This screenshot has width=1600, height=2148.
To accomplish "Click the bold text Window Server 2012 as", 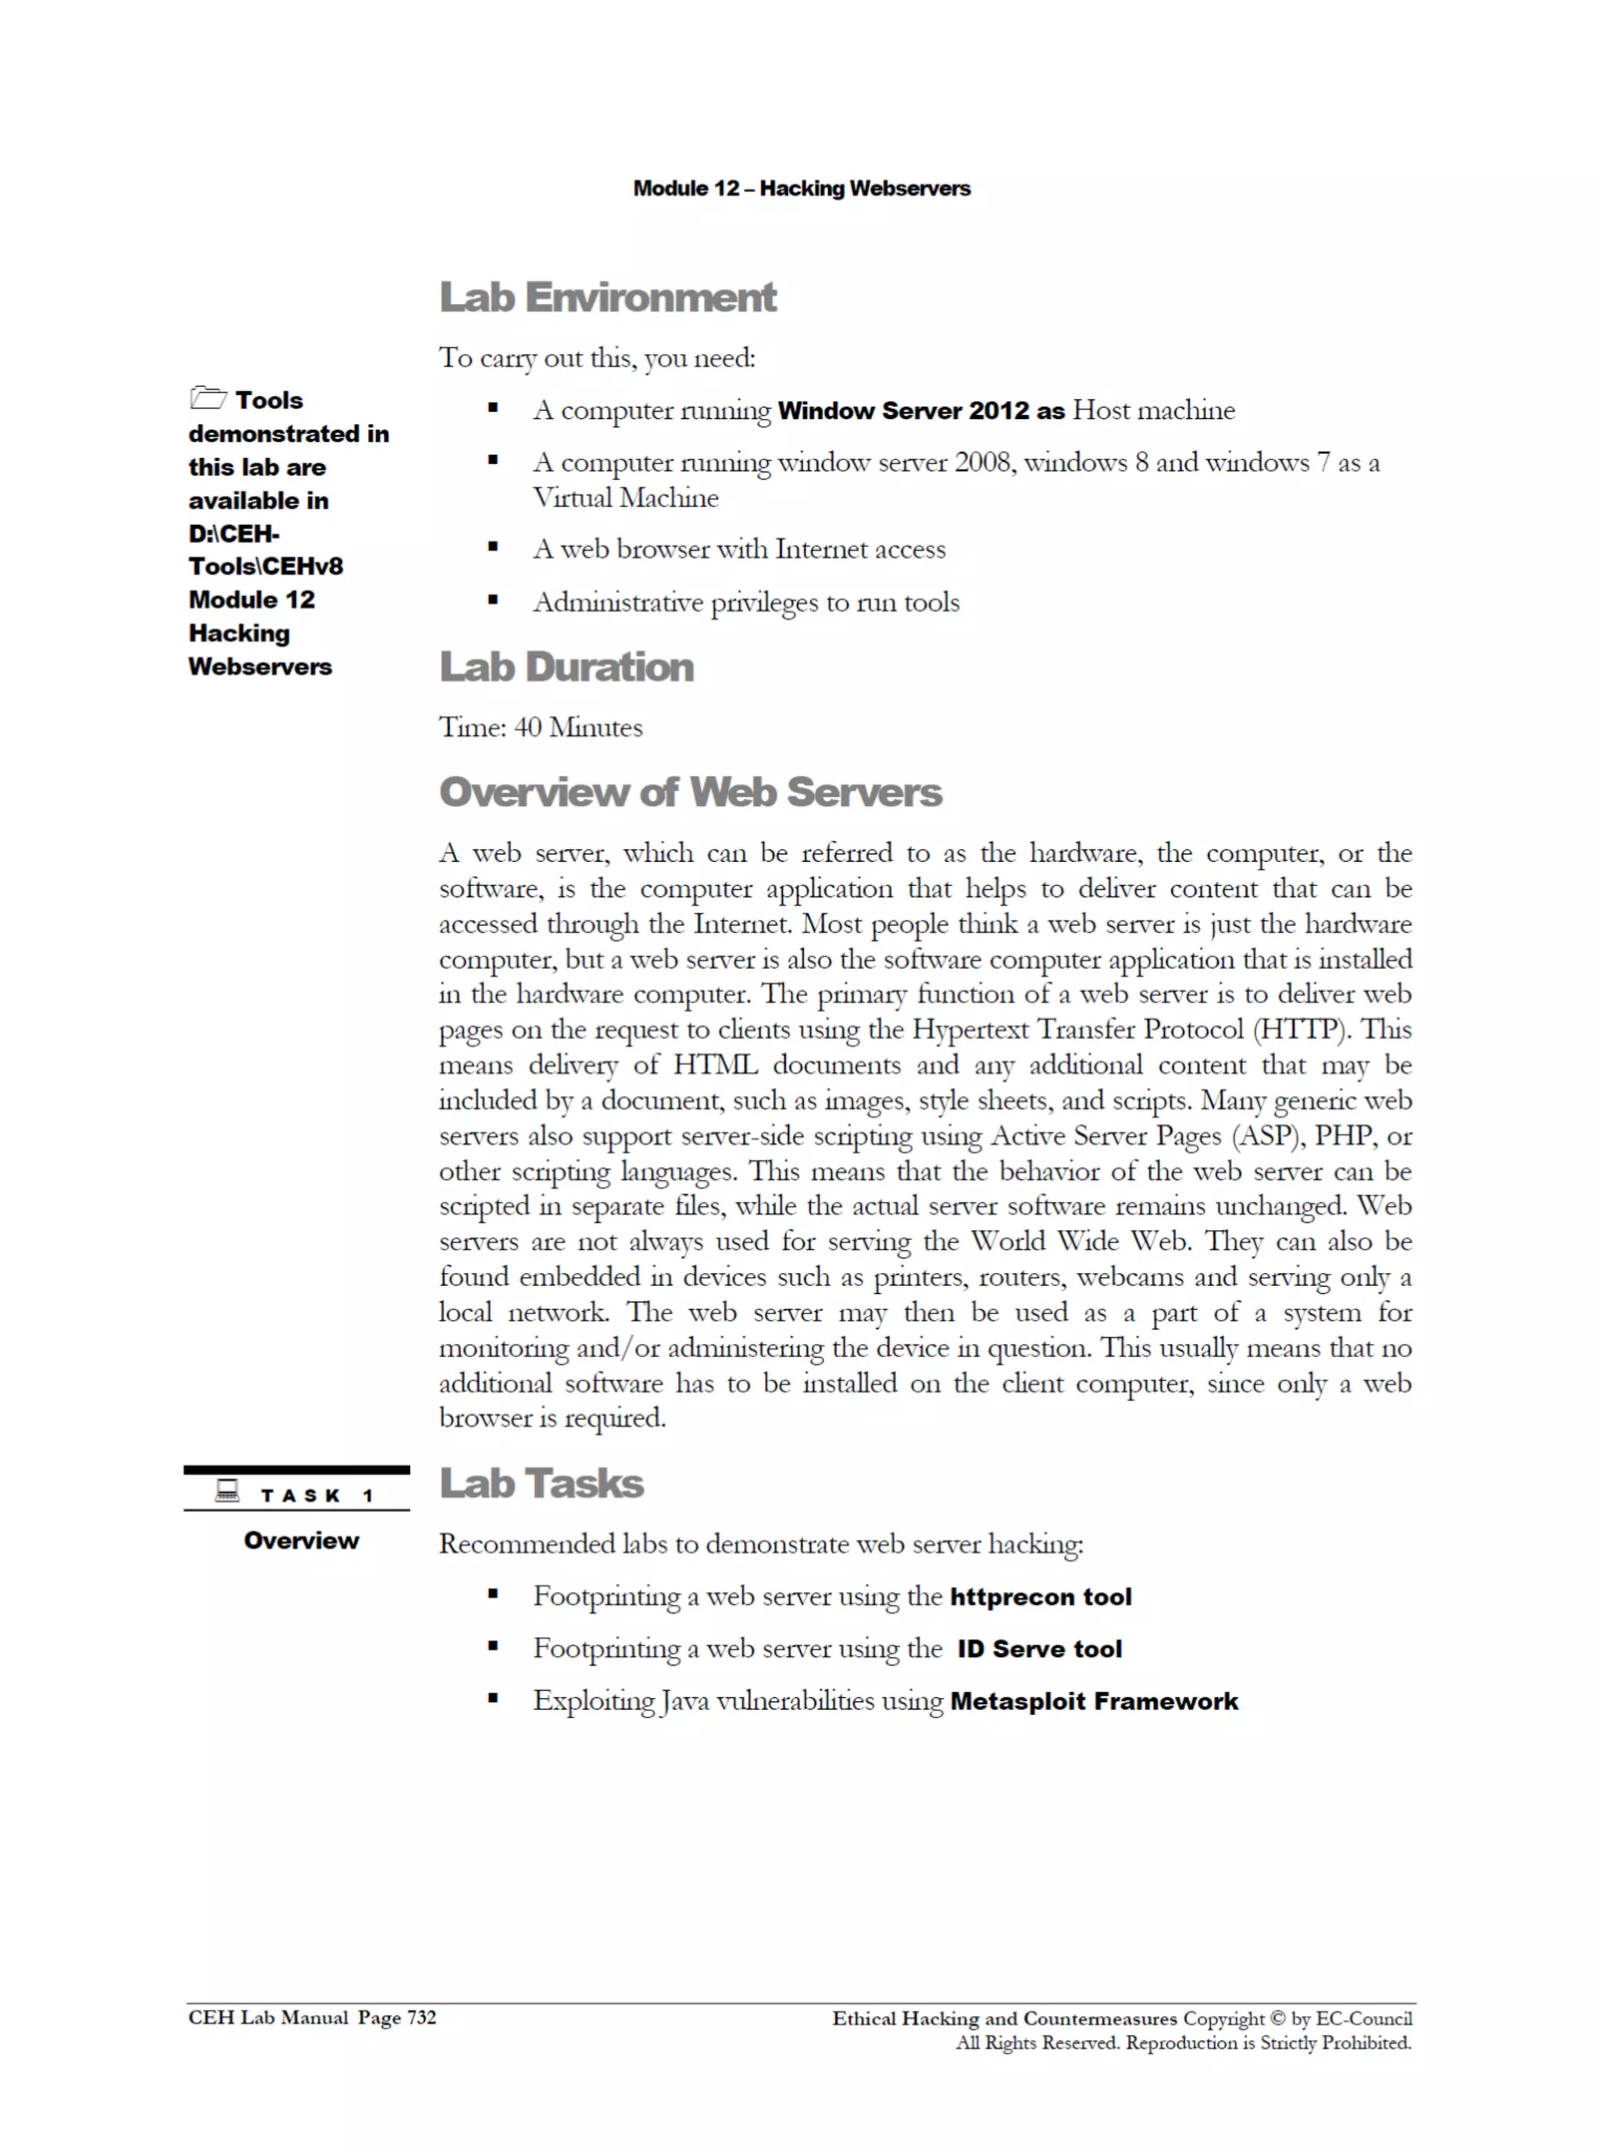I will [920, 411].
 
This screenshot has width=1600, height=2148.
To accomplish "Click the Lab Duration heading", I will [566, 667].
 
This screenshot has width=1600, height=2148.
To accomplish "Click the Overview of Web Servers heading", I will [690, 792].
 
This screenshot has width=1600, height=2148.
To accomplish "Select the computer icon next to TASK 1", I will [227, 1492].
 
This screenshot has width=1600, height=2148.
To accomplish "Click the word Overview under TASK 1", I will [302, 1541].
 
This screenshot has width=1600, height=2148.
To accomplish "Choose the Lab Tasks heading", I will [541, 1484].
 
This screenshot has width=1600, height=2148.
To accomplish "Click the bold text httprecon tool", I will [1040, 1597].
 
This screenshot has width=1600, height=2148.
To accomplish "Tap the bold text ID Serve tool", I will [1039, 1649].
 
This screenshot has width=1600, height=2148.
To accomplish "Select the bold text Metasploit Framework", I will [1094, 1702].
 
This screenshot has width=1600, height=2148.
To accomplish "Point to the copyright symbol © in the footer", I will [1277, 2018].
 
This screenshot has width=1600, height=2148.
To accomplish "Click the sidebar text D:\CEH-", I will [234, 534].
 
